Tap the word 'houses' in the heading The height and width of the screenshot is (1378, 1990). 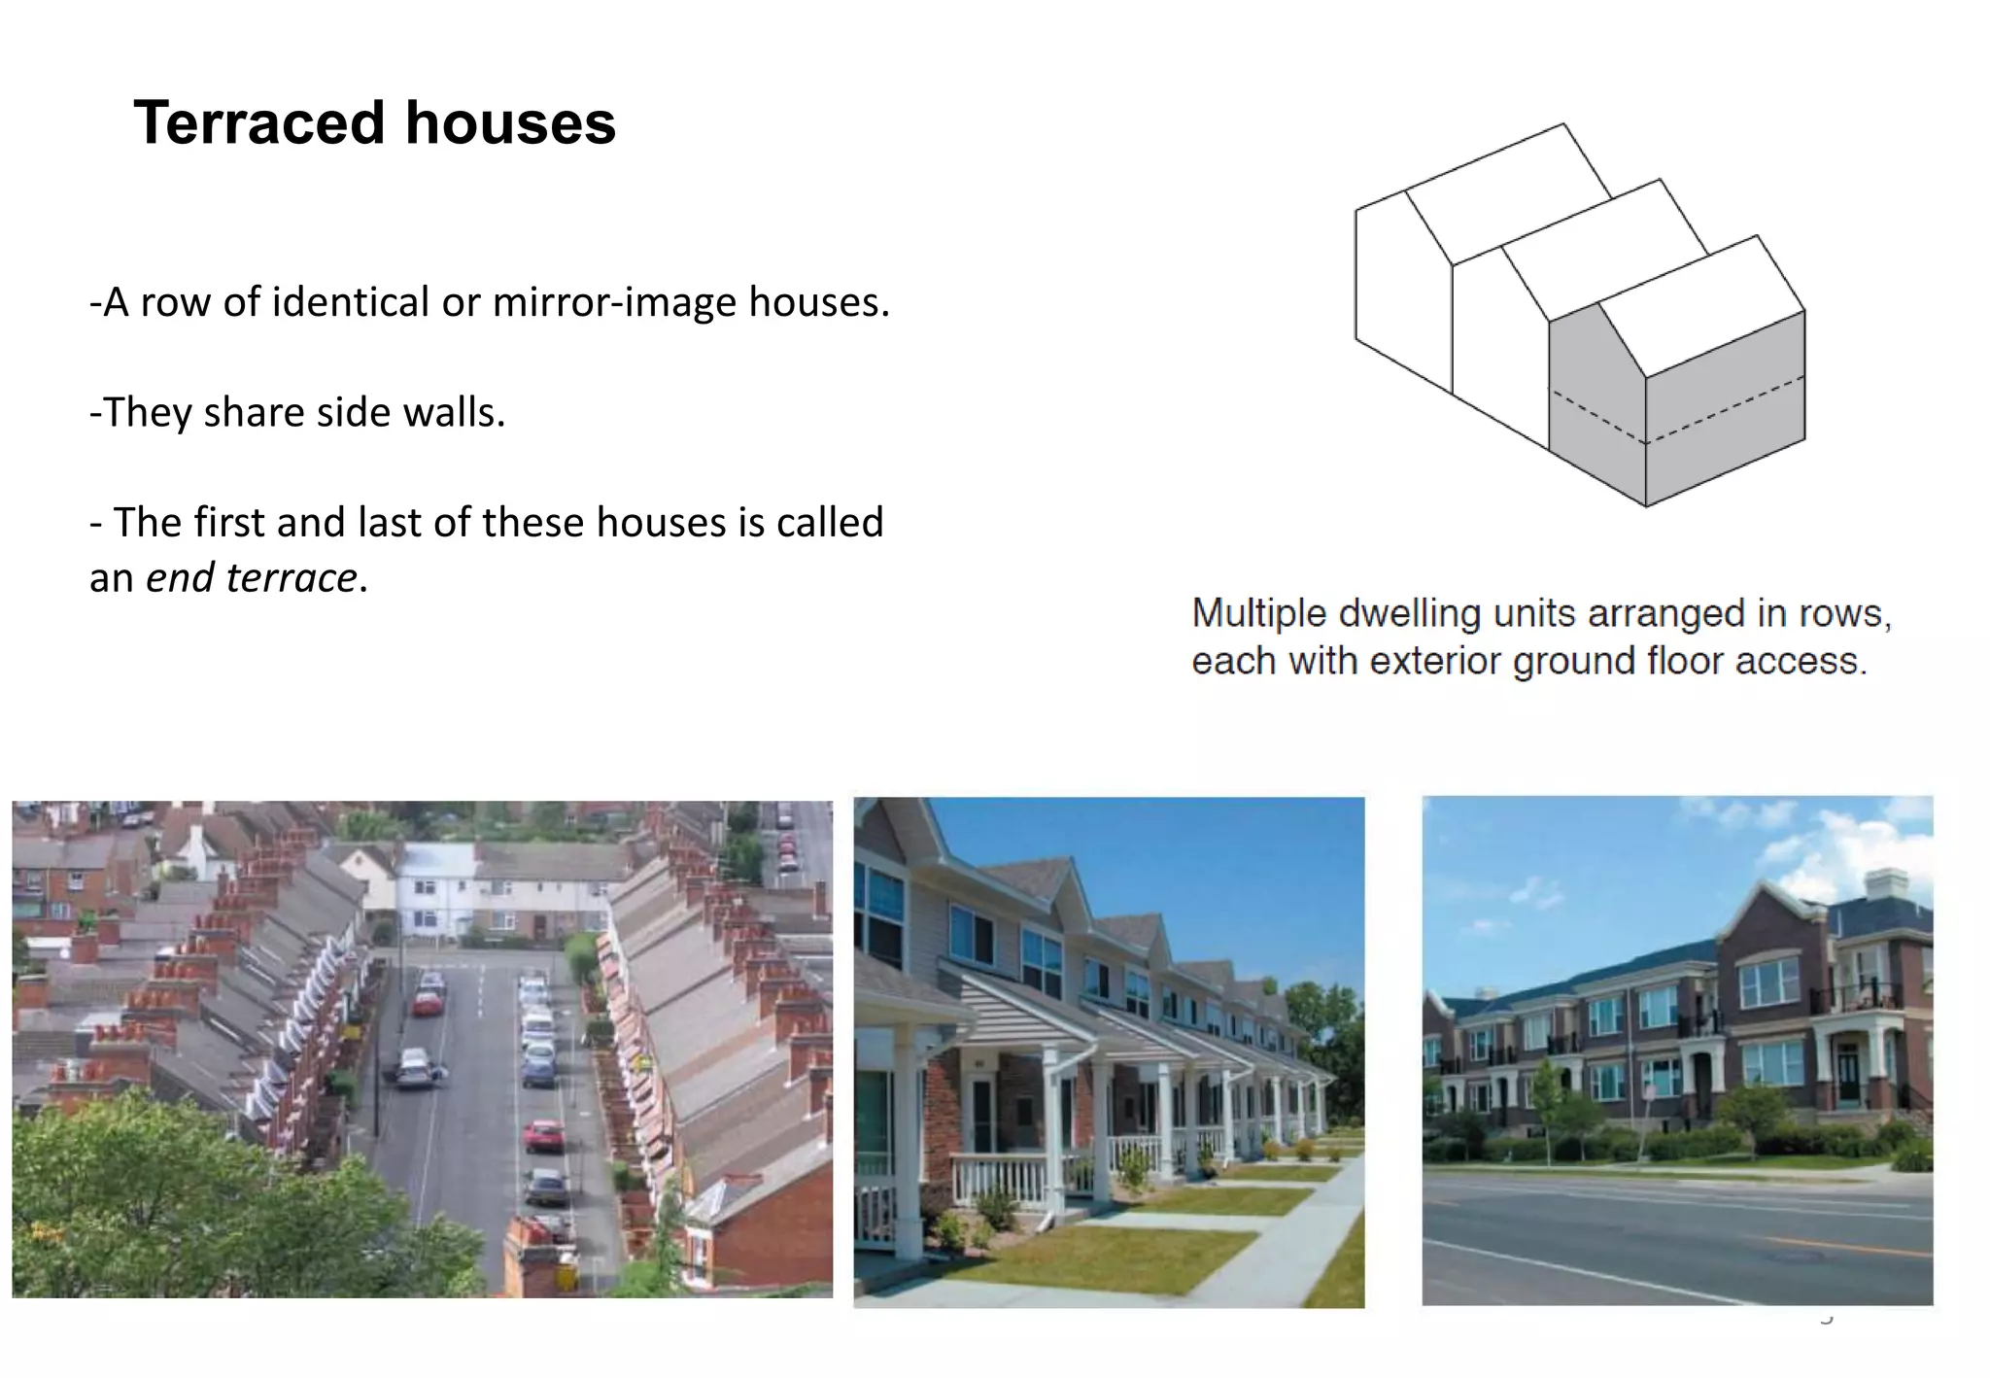click(510, 123)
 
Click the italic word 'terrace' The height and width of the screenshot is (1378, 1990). click(291, 577)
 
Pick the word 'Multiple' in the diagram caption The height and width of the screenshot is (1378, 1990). click(1258, 613)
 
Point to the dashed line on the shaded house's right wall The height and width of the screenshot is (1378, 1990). click(1726, 409)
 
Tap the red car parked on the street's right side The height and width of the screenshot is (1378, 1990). click(543, 1134)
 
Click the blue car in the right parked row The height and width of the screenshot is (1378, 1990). click(538, 1069)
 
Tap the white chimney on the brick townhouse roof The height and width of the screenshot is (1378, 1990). click(1885, 884)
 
